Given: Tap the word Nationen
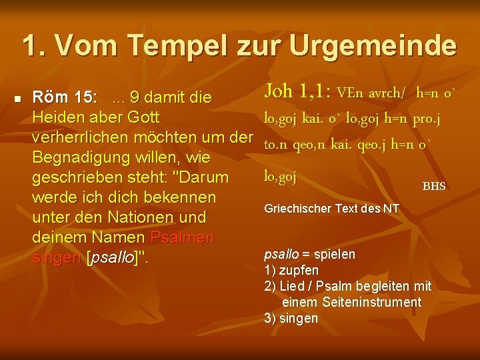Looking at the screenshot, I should pyautogui.click(x=151, y=218).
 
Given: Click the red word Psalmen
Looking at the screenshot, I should pyautogui.click(x=183, y=238).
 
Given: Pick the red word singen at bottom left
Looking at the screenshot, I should pyautogui.click(x=57, y=258).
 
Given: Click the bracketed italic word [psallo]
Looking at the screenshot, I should pyautogui.click(x=115, y=258).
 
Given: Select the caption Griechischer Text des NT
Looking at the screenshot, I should pyautogui.click(x=331, y=209).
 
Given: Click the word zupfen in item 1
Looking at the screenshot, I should pyautogui.click(x=301, y=270).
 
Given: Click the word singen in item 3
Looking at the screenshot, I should pyautogui.click(x=300, y=318).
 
